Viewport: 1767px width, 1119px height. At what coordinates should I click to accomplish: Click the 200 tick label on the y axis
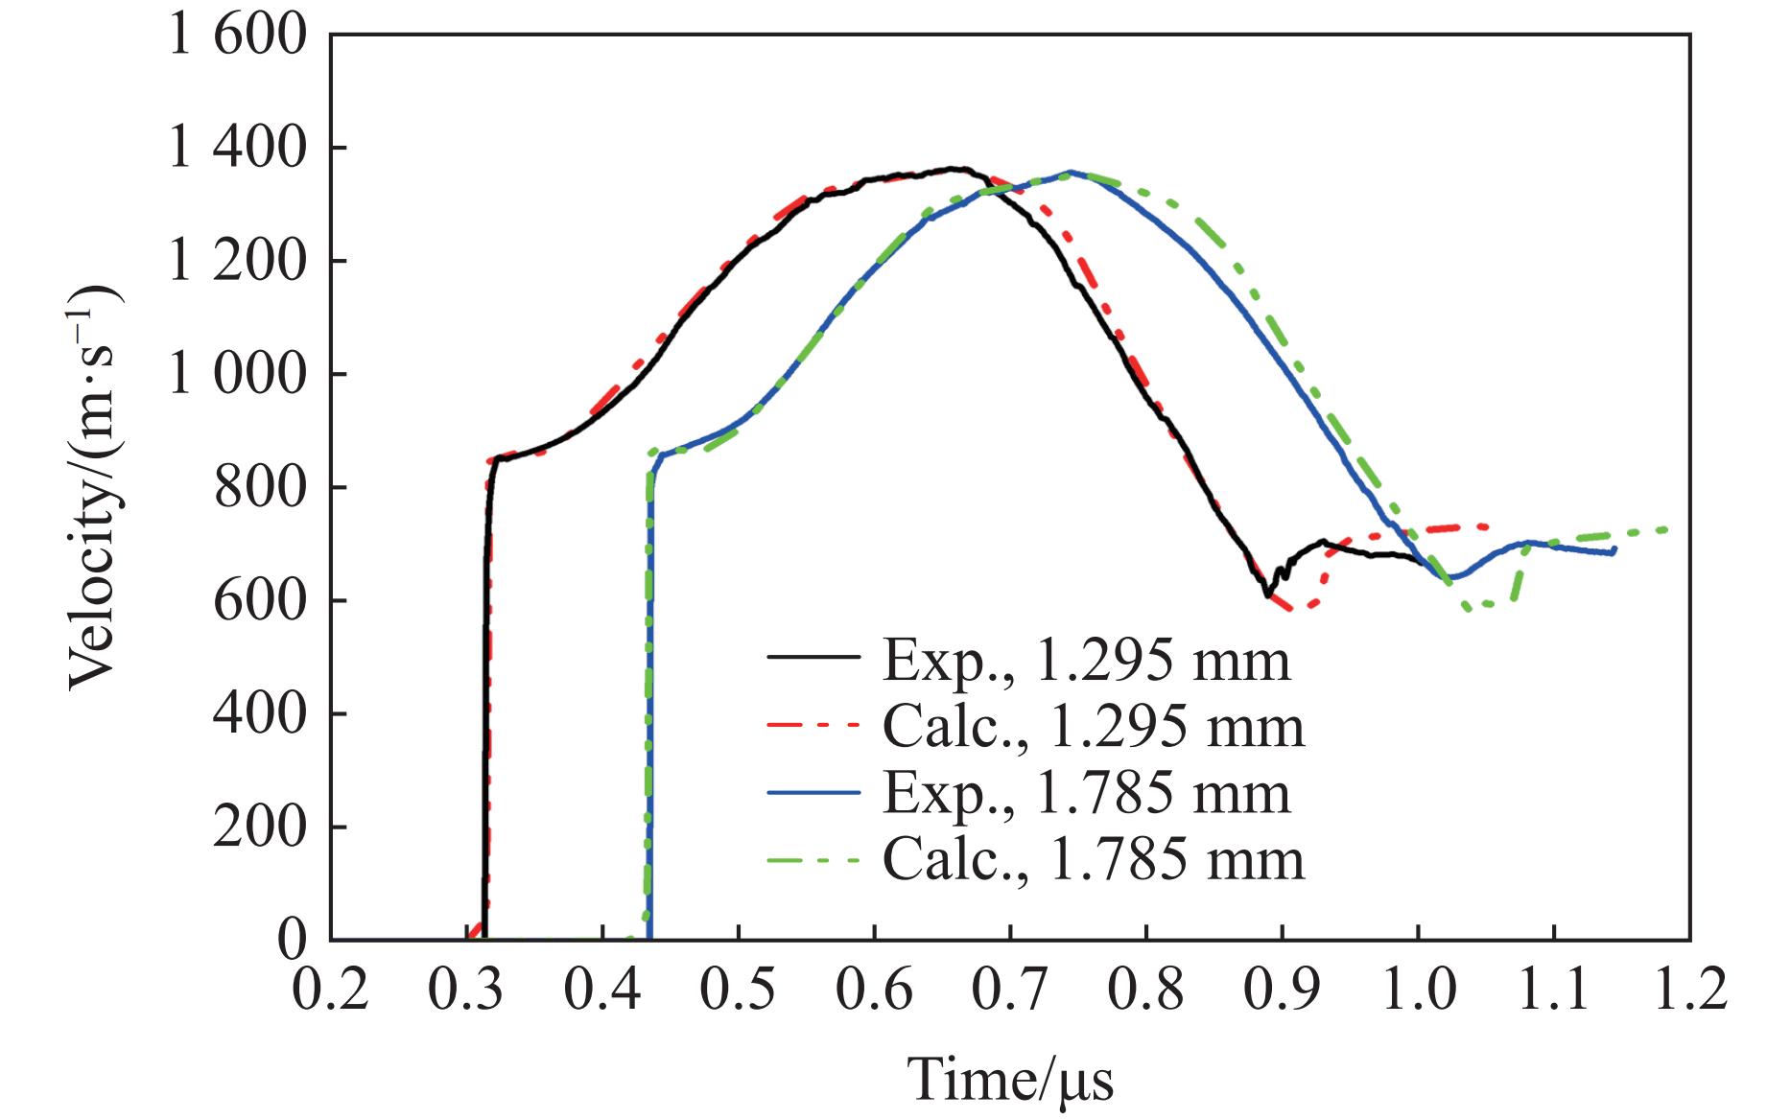coord(259,828)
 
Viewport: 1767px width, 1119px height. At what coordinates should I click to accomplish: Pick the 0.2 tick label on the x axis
coord(330,991)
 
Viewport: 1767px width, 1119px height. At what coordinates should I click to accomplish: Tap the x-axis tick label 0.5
coord(737,991)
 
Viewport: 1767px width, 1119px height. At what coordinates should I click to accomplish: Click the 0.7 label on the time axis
coord(1009,991)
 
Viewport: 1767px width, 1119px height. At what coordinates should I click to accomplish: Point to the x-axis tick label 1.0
coord(1418,991)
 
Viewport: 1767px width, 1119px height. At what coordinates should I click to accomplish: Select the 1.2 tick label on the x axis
coord(1688,991)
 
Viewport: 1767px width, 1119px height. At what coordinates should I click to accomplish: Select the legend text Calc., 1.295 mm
coord(1093,728)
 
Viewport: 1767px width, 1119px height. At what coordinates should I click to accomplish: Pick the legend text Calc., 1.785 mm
coord(1093,860)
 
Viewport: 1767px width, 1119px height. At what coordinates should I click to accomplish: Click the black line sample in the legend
coord(813,658)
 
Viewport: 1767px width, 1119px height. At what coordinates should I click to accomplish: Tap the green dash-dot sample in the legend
coord(813,859)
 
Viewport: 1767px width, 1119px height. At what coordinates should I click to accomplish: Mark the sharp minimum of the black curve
coord(1267,596)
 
